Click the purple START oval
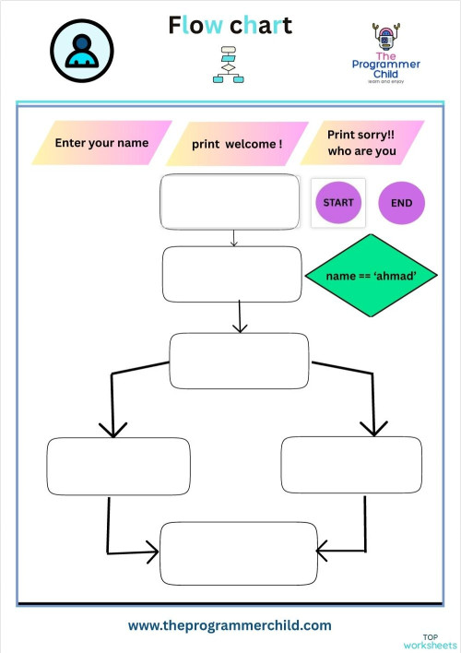(338, 202)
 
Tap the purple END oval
(402, 202)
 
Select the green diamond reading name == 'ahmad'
(371, 276)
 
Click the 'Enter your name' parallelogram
(101, 143)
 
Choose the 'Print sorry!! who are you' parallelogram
(361, 143)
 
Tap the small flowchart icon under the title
(228, 65)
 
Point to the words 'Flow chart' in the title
(230, 25)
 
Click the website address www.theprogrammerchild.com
(230, 625)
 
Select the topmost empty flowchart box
(230, 201)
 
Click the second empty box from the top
(232, 274)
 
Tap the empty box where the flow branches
(239, 361)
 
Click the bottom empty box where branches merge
(238, 552)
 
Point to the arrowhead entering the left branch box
(112, 429)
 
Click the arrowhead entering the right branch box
(373, 427)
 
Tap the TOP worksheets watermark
(430, 641)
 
